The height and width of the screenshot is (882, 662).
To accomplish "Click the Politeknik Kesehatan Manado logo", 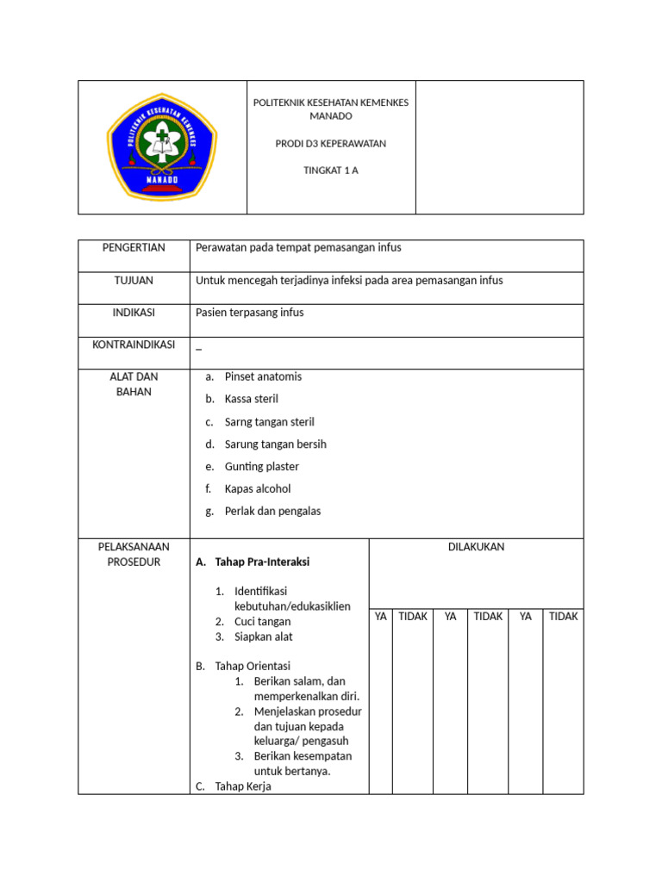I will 162,146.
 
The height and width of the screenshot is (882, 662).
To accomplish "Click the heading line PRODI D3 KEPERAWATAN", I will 331,144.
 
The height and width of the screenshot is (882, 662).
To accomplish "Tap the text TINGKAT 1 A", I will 331,171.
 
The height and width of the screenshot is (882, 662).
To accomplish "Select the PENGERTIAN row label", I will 134,248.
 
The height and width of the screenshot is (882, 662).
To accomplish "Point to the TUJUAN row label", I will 134,281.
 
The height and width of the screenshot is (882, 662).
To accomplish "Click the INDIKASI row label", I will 134,313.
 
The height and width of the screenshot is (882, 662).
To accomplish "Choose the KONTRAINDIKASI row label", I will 134,345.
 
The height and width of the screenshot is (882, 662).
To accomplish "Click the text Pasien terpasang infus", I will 250,313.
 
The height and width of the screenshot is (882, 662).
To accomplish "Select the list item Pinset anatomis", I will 263,377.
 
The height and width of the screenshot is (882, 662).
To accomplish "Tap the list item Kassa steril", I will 252,400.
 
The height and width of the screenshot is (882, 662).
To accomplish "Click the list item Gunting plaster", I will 262,467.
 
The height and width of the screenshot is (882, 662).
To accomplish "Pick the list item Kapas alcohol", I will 258,489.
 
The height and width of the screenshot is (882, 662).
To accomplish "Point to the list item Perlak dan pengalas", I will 272,512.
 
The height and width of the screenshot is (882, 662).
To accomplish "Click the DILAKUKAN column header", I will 476,548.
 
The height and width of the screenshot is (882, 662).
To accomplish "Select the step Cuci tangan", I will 262,622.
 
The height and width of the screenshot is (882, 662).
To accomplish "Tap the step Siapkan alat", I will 263,637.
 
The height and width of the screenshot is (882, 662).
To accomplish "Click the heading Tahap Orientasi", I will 253,667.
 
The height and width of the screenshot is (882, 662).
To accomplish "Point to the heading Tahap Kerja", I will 243,786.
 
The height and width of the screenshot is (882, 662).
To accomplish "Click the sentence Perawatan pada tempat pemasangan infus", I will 299,248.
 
